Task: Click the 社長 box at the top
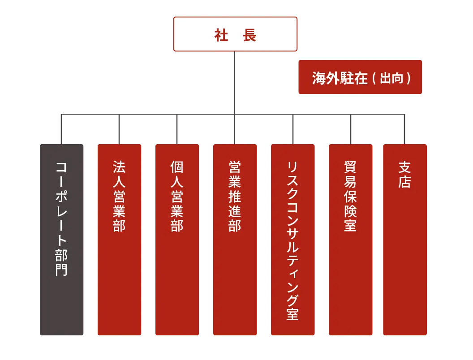[x=235, y=34]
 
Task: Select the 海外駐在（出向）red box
[x=360, y=77]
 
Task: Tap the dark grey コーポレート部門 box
[x=61, y=240]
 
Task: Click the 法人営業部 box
[x=120, y=240]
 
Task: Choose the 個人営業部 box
[x=177, y=240]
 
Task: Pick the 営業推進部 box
[x=235, y=240]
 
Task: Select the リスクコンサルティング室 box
[x=293, y=240]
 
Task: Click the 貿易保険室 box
[x=351, y=240]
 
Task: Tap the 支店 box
[x=405, y=240]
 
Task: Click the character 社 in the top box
[x=221, y=35]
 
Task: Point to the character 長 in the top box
[x=249, y=35]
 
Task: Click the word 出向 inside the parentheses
[x=391, y=78]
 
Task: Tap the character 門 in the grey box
[x=61, y=270]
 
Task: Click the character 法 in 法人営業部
[x=119, y=167]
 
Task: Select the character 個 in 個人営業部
[x=177, y=167]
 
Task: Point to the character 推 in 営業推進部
[x=235, y=197]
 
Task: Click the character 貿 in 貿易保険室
[x=350, y=167]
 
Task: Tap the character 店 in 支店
[x=404, y=182]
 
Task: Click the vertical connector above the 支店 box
[x=404, y=129]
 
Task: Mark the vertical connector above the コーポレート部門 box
[x=61, y=129]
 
